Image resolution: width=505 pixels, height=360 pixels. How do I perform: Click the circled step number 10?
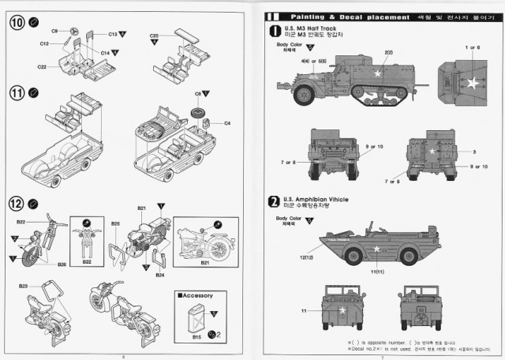pos(16,23)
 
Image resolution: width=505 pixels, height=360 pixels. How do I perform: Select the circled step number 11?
pos(16,93)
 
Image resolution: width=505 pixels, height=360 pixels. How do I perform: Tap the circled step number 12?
pos(16,203)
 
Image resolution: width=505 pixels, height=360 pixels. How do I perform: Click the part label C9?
pos(54,30)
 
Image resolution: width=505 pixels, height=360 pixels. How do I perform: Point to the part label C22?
pos(41,67)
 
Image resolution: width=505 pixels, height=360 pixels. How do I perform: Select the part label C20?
pos(155,36)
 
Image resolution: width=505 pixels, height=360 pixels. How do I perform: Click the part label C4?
pos(226,123)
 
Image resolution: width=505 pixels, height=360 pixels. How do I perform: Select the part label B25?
pos(116,223)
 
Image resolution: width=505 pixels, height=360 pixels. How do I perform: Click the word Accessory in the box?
pos(196,295)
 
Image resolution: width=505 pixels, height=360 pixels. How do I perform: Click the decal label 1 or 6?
pos(472,47)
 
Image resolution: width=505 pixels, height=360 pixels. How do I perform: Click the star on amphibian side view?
pos(376,249)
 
